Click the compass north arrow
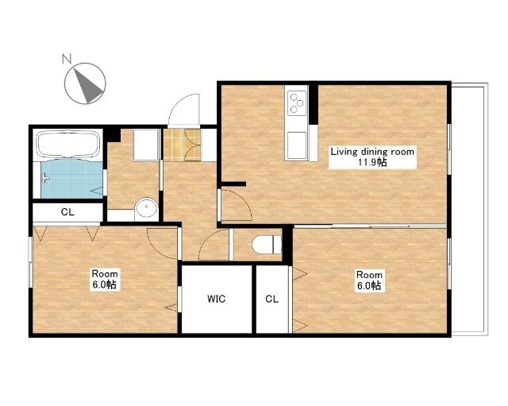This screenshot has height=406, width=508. [87, 85]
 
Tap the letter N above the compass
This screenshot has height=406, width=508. [67, 59]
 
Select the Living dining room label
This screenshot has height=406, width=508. [372, 152]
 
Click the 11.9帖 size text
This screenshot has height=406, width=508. [372, 162]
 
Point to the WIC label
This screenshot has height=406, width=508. [217, 299]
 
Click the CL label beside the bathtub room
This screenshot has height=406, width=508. [67, 212]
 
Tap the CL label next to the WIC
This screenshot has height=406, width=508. [271, 299]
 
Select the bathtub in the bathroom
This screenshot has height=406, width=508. [68, 145]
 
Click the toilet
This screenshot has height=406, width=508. [267, 245]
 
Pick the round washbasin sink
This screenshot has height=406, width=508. [147, 207]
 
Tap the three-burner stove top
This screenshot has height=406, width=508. [297, 102]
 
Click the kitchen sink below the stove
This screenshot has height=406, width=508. [297, 145]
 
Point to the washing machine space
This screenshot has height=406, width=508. [146, 145]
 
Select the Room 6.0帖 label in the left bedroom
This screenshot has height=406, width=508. [104, 279]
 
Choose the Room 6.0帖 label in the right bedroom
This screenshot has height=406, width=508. [369, 280]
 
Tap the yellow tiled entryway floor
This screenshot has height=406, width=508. [182, 145]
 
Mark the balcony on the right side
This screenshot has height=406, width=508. [469, 210]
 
